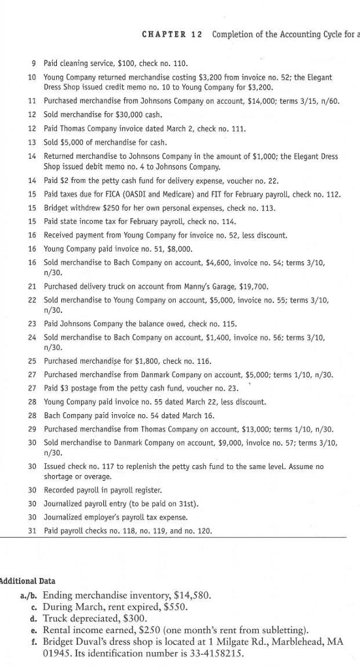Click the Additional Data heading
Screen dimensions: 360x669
(27, 581)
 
